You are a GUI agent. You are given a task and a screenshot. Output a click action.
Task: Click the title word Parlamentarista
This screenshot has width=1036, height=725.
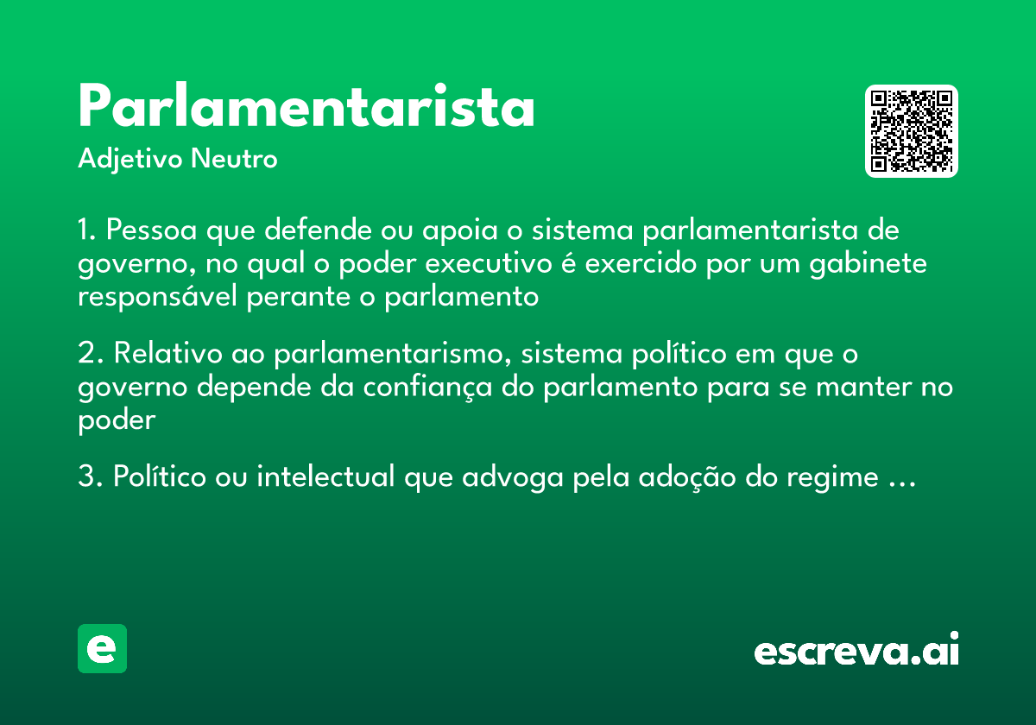click(x=306, y=108)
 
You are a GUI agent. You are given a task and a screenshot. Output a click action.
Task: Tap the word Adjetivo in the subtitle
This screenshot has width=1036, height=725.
click(x=129, y=160)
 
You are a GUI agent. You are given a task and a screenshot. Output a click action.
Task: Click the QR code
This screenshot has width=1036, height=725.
click(x=912, y=131)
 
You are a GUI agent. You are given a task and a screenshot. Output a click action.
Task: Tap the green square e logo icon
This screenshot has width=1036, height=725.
click(x=102, y=648)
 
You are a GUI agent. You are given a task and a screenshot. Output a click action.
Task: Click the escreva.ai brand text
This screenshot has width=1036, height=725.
click(x=856, y=650)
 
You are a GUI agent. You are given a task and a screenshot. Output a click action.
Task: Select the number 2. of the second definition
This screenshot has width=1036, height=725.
click(x=90, y=354)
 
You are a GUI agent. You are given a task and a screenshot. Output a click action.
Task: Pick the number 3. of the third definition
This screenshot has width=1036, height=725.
click(x=90, y=476)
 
